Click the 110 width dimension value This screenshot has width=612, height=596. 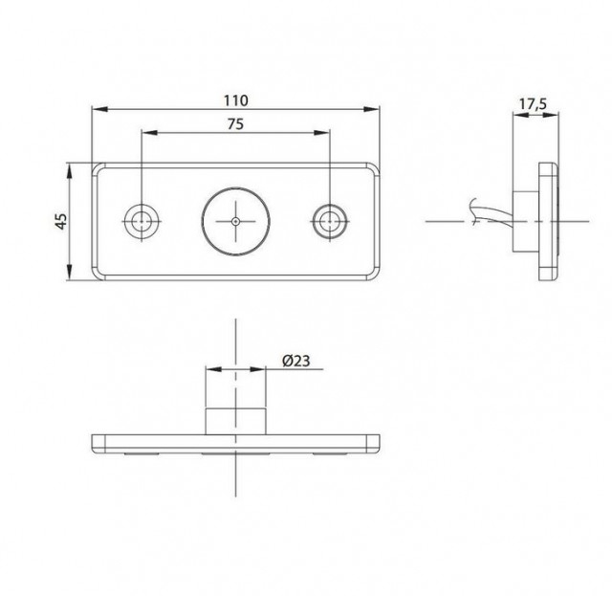[x=236, y=99]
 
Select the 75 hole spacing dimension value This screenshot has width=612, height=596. [x=236, y=123]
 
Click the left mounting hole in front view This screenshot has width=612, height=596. [x=142, y=220]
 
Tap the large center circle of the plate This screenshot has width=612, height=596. [x=236, y=220]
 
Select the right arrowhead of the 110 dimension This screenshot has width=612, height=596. [x=374, y=109]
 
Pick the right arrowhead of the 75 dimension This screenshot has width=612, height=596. [x=326, y=133]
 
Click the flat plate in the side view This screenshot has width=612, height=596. [x=549, y=221]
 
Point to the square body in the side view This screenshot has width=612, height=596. [x=526, y=221]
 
